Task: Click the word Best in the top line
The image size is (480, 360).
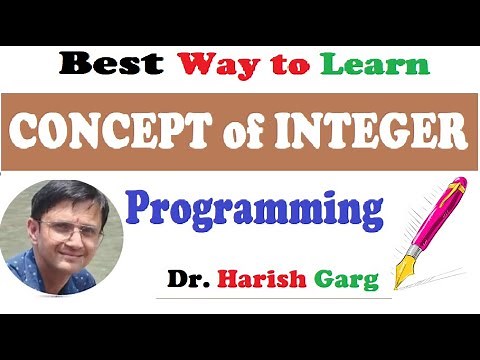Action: click(109, 65)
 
